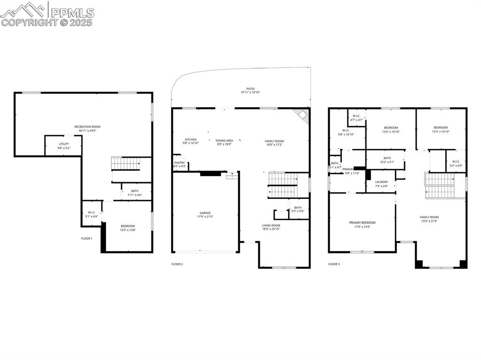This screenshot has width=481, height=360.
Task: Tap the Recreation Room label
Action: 87,127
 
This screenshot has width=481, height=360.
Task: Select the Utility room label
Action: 64,144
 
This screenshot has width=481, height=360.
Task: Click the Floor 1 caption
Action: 86,238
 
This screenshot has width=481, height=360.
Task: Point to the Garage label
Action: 204,213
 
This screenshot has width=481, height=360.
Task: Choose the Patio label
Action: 250,88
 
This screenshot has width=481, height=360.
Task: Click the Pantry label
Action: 180,163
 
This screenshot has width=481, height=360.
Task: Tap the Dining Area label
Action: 225,140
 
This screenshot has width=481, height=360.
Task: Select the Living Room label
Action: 271,226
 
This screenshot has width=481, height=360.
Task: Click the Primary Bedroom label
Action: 362,222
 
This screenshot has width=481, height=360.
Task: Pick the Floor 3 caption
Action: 334,264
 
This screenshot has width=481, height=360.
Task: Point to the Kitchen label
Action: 191,140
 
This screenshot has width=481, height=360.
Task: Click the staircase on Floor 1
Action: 126,164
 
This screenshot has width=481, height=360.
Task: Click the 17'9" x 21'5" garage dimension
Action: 204,217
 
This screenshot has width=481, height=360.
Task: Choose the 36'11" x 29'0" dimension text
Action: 87,130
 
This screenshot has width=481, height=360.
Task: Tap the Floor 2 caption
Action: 177,264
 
